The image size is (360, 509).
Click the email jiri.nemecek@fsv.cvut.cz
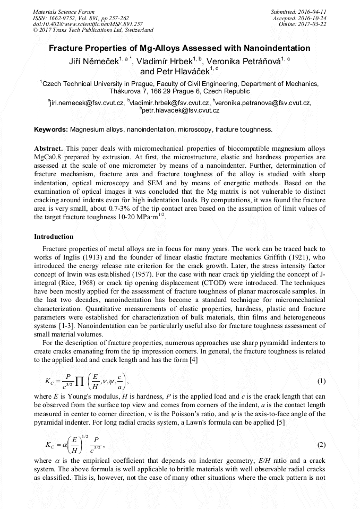[x=88, y=102]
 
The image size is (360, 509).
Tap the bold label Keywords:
[x=51, y=129]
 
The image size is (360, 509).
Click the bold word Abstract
[x=48, y=148]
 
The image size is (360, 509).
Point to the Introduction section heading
[x=54, y=236]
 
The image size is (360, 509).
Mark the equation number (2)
[x=321, y=444]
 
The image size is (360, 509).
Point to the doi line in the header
[x=88, y=24]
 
